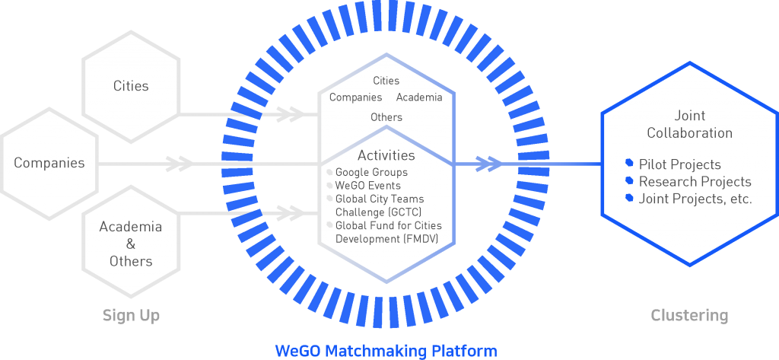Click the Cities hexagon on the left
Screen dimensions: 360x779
coord(131,86)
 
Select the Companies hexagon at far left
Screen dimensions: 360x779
coord(49,163)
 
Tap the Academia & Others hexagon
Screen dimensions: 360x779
coord(131,244)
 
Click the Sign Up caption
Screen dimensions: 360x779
coord(131,315)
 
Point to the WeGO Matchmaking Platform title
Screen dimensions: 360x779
coord(386,351)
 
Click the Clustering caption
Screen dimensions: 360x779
coord(689,315)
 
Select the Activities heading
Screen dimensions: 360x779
coord(386,155)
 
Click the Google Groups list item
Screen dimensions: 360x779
coord(371,173)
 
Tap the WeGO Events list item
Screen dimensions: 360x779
coord(367,186)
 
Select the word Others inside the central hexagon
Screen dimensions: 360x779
coord(386,117)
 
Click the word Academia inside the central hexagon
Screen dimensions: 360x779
coord(419,97)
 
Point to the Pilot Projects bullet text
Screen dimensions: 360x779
coord(679,164)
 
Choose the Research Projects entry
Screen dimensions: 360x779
coord(695,182)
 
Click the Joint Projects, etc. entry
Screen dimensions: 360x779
coord(695,199)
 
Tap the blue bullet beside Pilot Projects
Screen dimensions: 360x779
coord(629,163)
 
